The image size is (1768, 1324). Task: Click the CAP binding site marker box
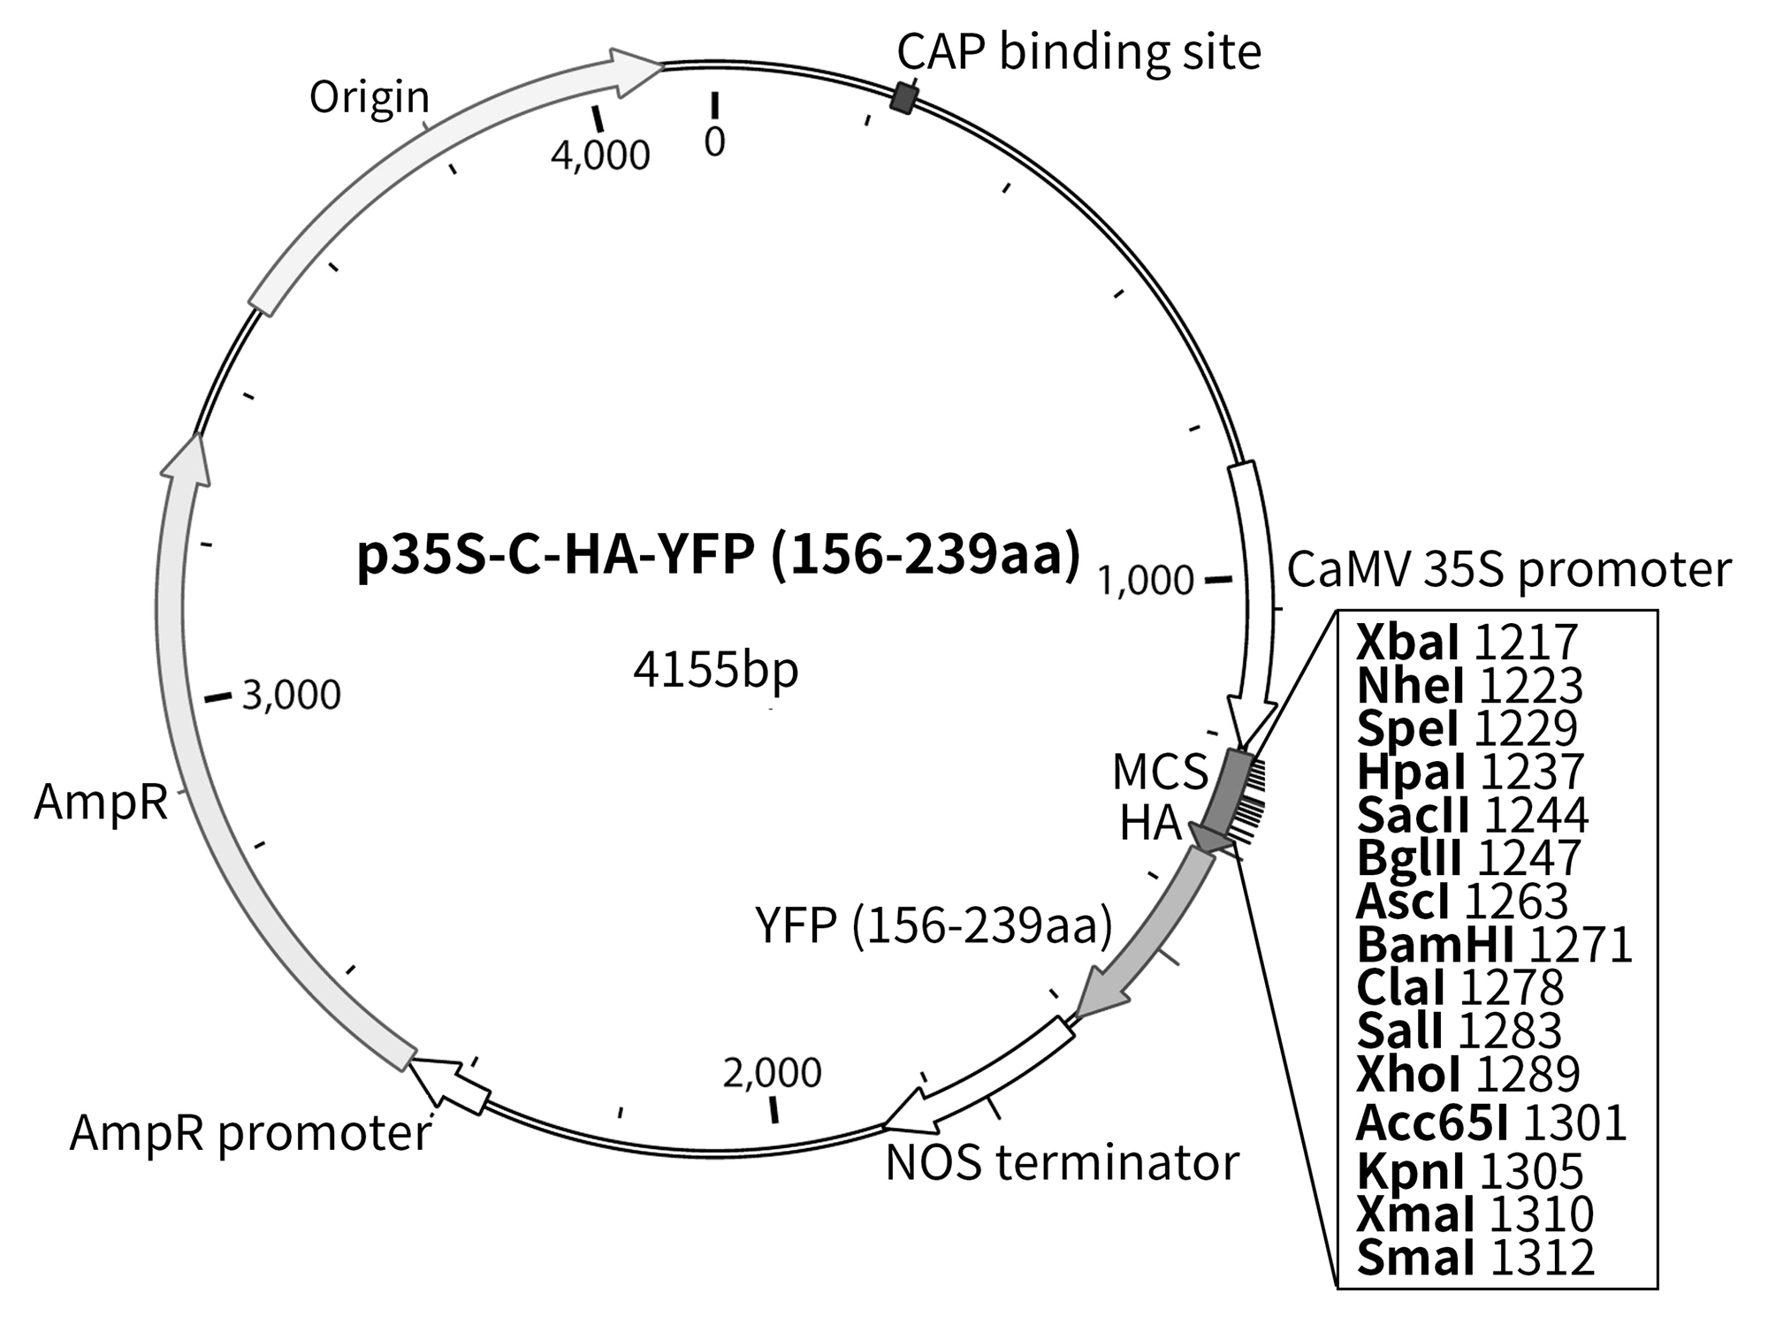[903, 96]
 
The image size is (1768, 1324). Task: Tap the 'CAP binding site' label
[1078, 52]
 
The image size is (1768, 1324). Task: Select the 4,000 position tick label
[600, 156]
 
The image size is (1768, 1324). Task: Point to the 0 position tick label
[714, 141]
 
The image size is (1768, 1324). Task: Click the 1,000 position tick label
[1146, 581]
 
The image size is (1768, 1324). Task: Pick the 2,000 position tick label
[772, 1073]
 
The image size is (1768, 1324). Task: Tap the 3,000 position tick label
[291, 696]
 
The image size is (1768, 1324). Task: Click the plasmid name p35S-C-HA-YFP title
[718, 558]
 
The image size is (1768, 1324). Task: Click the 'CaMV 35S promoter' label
[1508, 570]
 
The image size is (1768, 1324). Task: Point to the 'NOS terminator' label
[1062, 1163]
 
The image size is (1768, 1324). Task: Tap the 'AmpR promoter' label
[250, 1133]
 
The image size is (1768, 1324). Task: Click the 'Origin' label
[369, 97]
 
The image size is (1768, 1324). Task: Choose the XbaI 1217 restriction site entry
[1467, 643]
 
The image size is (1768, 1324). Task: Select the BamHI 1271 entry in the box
[1494, 945]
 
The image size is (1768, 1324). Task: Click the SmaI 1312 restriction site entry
[1475, 1258]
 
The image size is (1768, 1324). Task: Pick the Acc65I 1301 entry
[1491, 1123]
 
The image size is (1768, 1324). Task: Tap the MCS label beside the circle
[1159, 772]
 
